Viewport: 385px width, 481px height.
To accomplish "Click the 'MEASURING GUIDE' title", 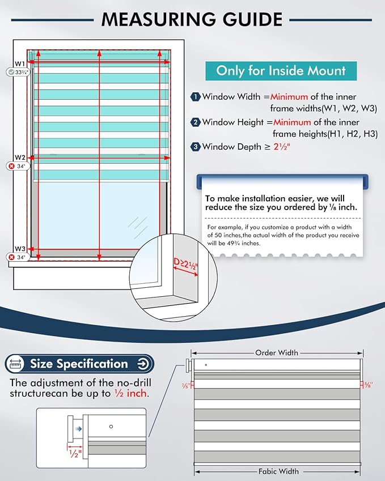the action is (192, 19).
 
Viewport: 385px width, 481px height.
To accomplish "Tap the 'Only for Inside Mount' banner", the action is (281, 71).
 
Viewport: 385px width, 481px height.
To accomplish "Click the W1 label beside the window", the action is (20, 64).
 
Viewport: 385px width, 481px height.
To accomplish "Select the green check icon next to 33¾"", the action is (11, 72).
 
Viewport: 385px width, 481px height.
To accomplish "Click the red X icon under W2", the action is (12, 166).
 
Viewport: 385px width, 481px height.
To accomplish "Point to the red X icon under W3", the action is (12, 257).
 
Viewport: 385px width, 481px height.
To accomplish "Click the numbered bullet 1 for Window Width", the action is (195, 97).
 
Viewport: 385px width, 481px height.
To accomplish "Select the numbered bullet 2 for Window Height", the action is (195, 122).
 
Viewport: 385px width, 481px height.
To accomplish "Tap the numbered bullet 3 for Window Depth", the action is (195, 147).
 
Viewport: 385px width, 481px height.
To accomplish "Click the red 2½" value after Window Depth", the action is (282, 147).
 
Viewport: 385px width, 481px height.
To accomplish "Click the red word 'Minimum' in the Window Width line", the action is (289, 97).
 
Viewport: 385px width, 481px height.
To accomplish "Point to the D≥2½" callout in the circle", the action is (186, 265).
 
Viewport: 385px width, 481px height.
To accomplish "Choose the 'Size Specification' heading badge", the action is (79, 364).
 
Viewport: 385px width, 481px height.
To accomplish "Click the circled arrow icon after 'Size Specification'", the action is (143, 364).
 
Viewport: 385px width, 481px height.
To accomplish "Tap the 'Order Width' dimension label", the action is (277, 353).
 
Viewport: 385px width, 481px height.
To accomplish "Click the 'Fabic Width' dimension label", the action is (278, 471).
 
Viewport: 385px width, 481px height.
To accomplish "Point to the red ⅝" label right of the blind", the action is (368, 385).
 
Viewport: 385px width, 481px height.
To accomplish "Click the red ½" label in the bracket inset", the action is (75, 454).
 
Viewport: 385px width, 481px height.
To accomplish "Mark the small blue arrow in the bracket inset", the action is (79, 429).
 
